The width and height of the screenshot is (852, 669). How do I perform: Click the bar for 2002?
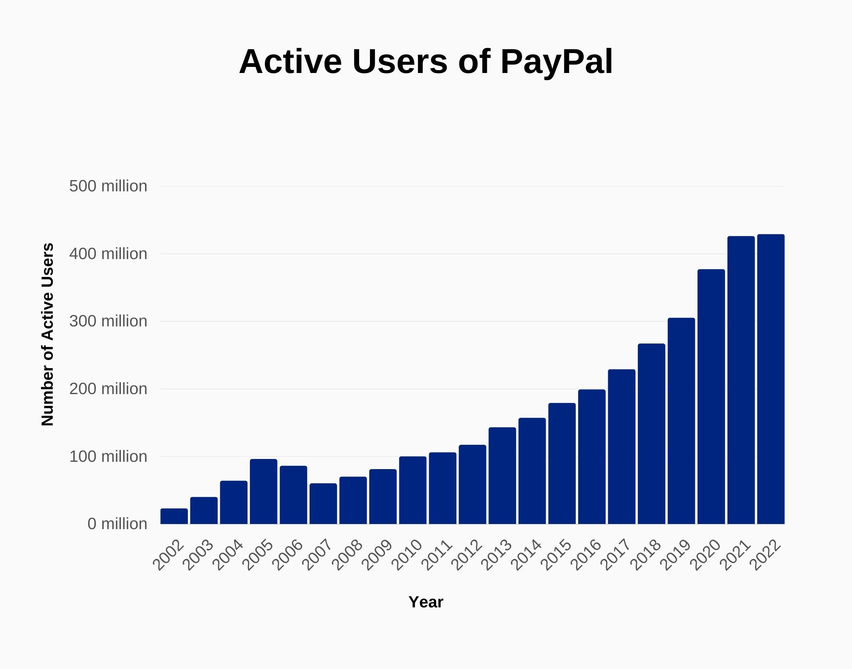tap(174, 516)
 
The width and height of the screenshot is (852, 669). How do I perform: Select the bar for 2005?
tap(264, 491)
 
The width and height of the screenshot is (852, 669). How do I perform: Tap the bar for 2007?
tap(323, 504)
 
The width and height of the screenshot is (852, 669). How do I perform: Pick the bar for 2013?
tap(502, 476)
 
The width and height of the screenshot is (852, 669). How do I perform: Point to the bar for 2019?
tap(681, 421)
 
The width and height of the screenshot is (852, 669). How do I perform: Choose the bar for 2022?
tap(771, 379)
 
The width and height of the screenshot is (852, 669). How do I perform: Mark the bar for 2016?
tap(592, 457)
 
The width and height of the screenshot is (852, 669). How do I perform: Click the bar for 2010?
tap(413, 490)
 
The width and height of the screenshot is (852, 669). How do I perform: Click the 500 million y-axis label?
tap(108, 186)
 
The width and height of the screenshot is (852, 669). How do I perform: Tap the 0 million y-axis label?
tap(117, 524)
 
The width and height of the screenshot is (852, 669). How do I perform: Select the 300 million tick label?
tap(108, 321)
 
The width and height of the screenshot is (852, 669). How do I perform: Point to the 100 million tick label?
tap(108, 457)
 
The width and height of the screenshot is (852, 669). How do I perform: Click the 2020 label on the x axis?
tap(707, 555)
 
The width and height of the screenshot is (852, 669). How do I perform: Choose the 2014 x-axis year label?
tap(527, 555)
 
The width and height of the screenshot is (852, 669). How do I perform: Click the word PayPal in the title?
tap(556, 62)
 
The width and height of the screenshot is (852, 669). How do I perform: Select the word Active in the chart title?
tap(290, 62)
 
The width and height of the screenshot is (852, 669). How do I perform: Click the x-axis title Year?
tap(426, 602)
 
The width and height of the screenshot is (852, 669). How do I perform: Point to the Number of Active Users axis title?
tap(47, 334)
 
